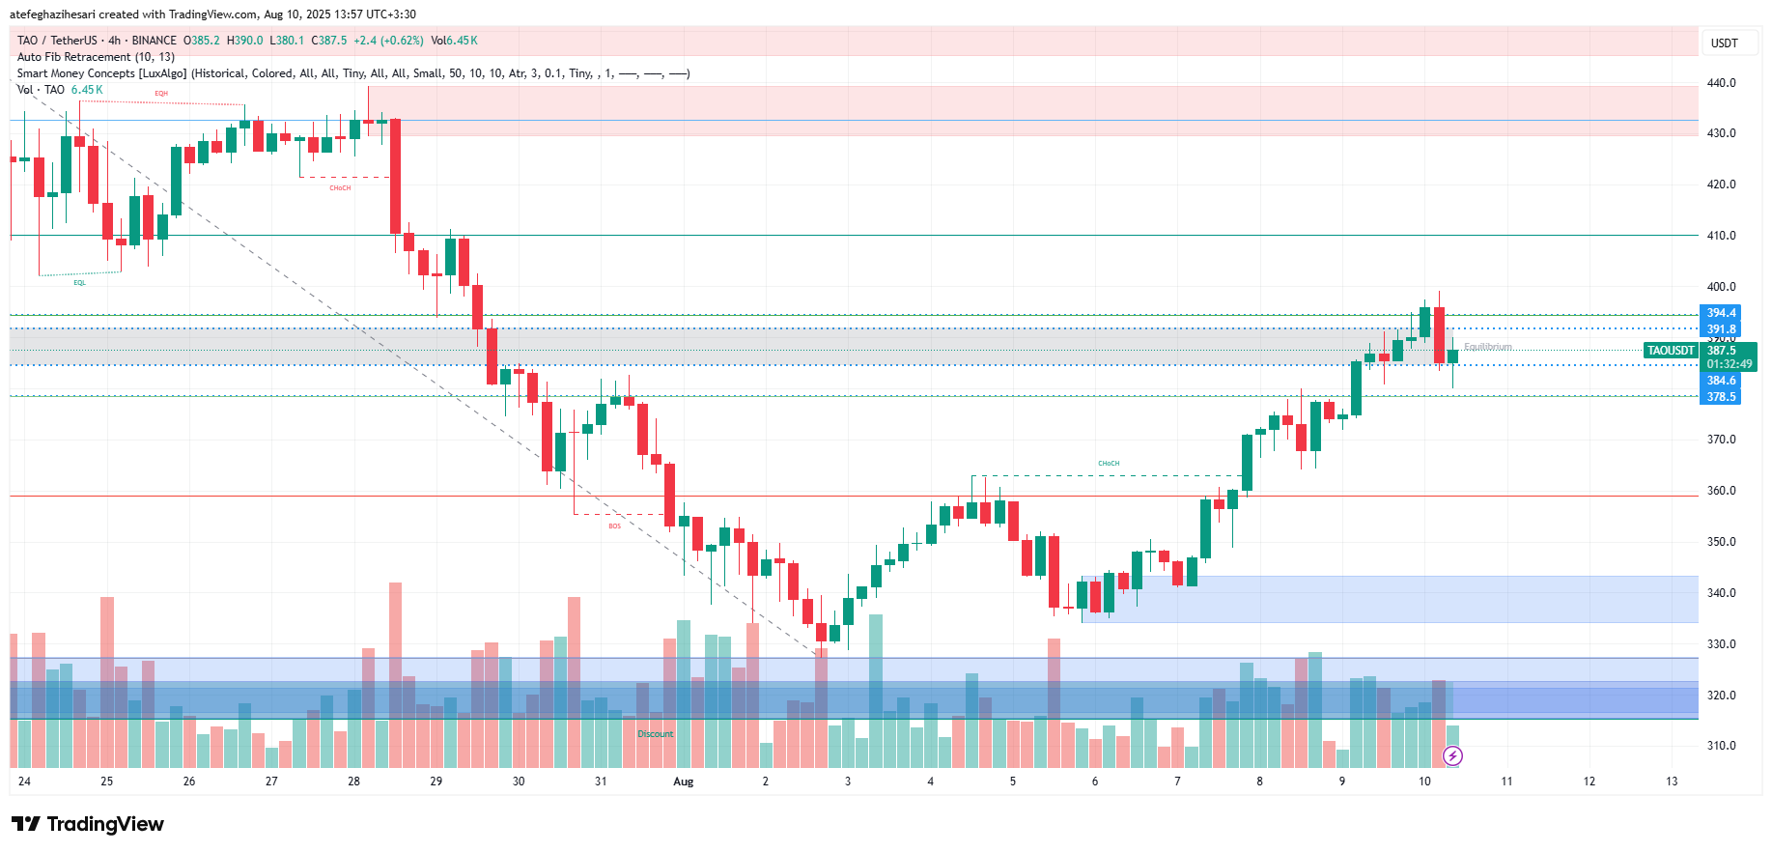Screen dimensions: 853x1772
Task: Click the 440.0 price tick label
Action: pos(1721,83)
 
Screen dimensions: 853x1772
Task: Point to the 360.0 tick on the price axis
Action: pos(1721,491)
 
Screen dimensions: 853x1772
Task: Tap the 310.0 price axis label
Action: pos(1721,746)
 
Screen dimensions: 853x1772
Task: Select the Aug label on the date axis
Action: pos(683,782)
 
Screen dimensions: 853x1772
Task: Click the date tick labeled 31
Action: pos(601,782)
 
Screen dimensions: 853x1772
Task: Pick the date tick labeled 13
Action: pos(1672,782)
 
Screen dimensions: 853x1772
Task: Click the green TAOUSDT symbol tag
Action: pos(1671,351)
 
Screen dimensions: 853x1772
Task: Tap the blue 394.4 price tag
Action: pos(1720,313)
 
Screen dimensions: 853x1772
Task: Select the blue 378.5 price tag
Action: pos(1720,397)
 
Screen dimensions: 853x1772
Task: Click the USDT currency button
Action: pos(1724,43)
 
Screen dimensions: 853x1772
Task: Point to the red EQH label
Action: pos(161,94)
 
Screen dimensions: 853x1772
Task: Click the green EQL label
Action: pos(79,283)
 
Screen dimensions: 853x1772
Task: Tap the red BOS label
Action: pos(614,526)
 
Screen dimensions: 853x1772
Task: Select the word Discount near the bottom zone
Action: pos(655,734)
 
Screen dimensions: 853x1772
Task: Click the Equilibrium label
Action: pos(1488,347)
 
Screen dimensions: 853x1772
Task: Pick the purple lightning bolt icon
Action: pos(1452,755)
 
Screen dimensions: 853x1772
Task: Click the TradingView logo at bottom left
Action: pos(88,824)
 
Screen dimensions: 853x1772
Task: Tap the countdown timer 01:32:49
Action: pos(1729,364)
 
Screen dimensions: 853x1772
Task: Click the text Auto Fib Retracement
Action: pos(74,57)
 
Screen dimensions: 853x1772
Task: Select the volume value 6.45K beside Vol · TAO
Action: pos(87,90)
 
